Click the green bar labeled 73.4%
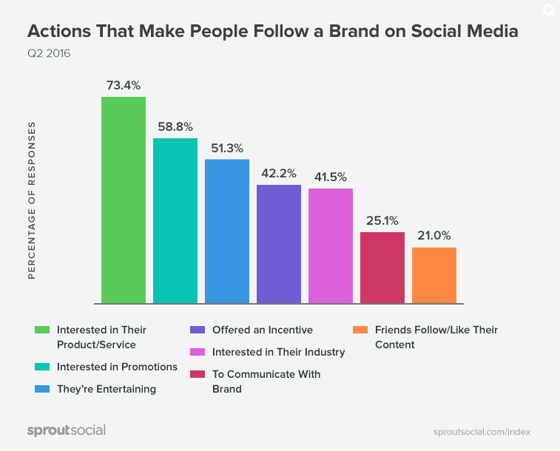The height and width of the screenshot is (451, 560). (x=124, y=200)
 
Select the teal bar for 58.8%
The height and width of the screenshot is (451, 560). (x=175, y=220)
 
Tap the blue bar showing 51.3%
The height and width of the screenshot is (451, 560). (x=227, y=231)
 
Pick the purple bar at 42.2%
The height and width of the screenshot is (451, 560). (x=279, y=243)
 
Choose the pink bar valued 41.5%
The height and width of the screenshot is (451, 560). (x=331, y=245)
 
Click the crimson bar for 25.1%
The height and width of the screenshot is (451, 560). (x=382, y=267)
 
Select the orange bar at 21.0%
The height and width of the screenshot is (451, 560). (x=434, y=275)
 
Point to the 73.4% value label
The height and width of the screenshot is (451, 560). (x=124, y=85)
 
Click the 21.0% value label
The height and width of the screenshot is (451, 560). (x=434, y=236)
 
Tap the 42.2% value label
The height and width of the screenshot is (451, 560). (x=279, y=173)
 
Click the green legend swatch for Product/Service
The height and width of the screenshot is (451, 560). (x=43, y=330)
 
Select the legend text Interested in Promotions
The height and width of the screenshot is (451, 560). (x=117, y=367)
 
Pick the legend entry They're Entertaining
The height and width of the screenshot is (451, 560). (x=107, y=389)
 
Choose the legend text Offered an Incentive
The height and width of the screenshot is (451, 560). (x=263, y=330)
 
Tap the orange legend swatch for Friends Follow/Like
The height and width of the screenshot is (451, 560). (x=360, y=330)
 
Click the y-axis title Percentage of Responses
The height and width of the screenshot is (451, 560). (x=32, y=200)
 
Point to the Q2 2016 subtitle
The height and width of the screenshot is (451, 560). (x=49, y=53)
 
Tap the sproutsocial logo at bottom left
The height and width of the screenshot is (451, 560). (x=67, y=430)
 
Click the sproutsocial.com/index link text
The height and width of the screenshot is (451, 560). (x=482, y=432)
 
